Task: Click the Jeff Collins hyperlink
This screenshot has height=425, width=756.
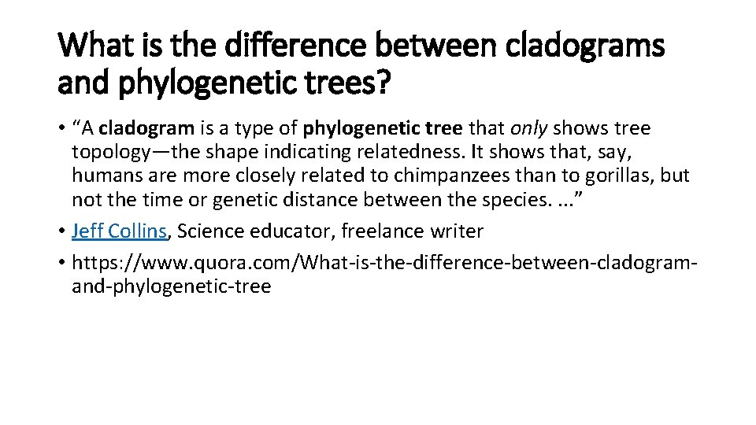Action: [x=119, y=231]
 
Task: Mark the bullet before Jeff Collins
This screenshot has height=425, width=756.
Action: [x=61, y=231]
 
